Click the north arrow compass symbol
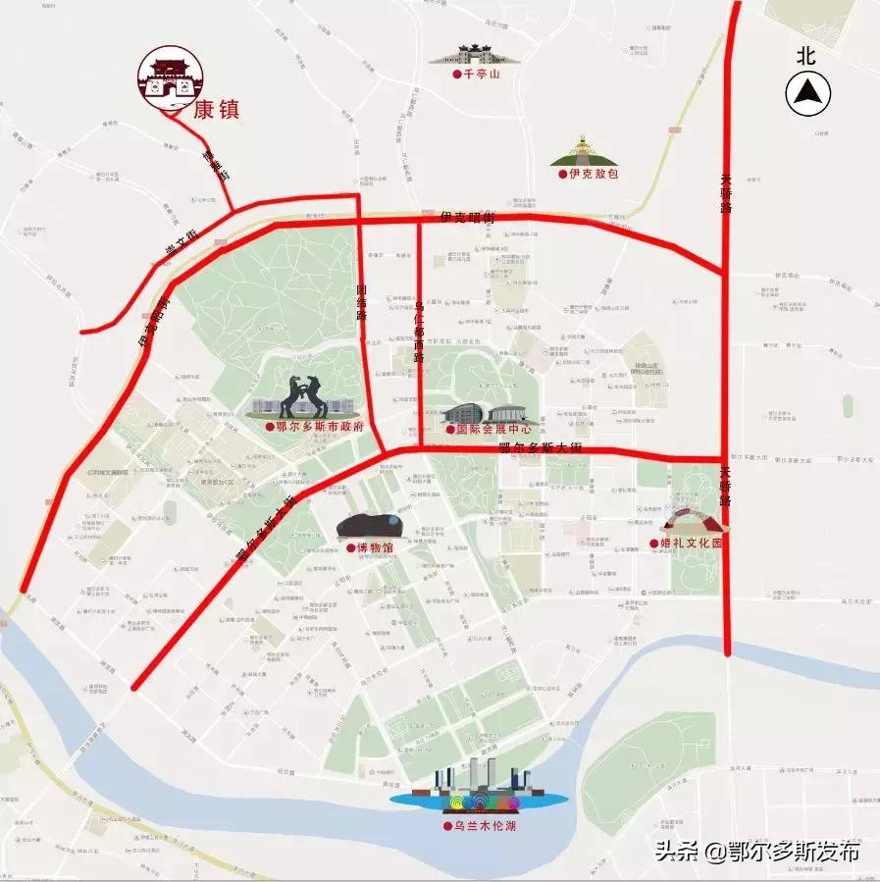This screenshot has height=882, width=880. (x=807, y=94)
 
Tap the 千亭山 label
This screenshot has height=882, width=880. (x=481, y=75)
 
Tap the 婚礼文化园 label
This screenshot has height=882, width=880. (x=691, y=543)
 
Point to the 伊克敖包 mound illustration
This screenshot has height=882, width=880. (x=586, y=152)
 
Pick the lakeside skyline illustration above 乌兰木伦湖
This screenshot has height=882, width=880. (x=478, y=785)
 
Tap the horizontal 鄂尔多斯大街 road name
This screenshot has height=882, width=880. (x=541, y=448)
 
